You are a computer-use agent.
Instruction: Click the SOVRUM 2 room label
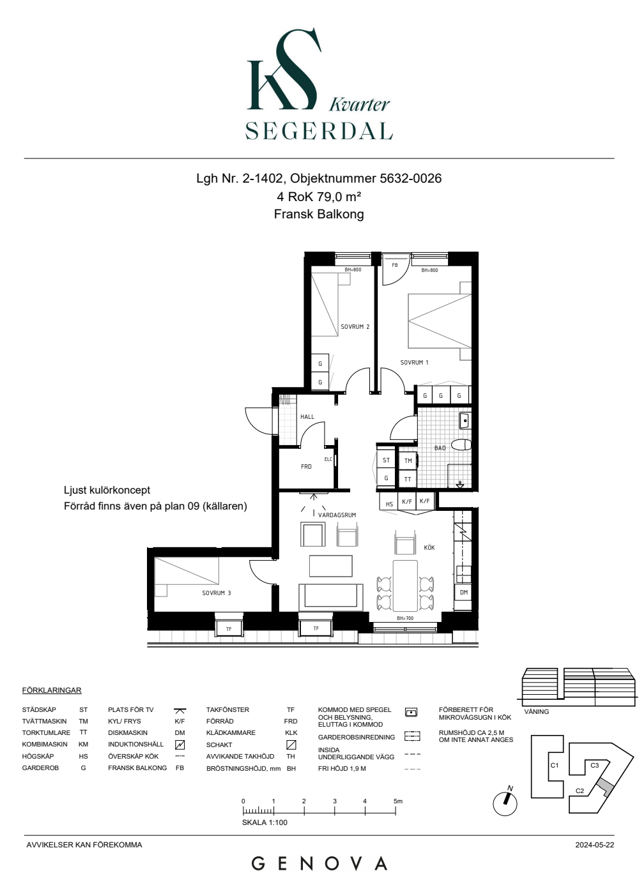coord(355,326)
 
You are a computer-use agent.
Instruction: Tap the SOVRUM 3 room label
coord(217,593)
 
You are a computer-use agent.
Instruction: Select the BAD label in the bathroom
coord(440,448)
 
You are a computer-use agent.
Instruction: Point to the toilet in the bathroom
coord(462,445)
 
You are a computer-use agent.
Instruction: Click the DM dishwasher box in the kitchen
coord(463,593)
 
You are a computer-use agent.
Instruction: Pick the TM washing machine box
coord(408,460)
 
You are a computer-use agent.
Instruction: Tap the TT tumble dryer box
coord(408,479)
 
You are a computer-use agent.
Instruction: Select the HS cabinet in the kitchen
coord(389,502)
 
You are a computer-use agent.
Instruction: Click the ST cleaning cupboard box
coord(386,460)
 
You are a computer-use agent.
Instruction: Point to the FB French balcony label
coord(395,265)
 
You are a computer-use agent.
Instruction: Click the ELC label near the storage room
coord(328,459)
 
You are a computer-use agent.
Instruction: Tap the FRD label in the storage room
coord(306,466)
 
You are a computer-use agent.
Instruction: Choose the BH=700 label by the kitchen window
coord(405,618)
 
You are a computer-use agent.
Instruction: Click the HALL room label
coord(307,416)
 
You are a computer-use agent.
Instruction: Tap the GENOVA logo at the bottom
coord(319,863)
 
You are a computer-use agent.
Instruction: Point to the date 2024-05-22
coord(595,844)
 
